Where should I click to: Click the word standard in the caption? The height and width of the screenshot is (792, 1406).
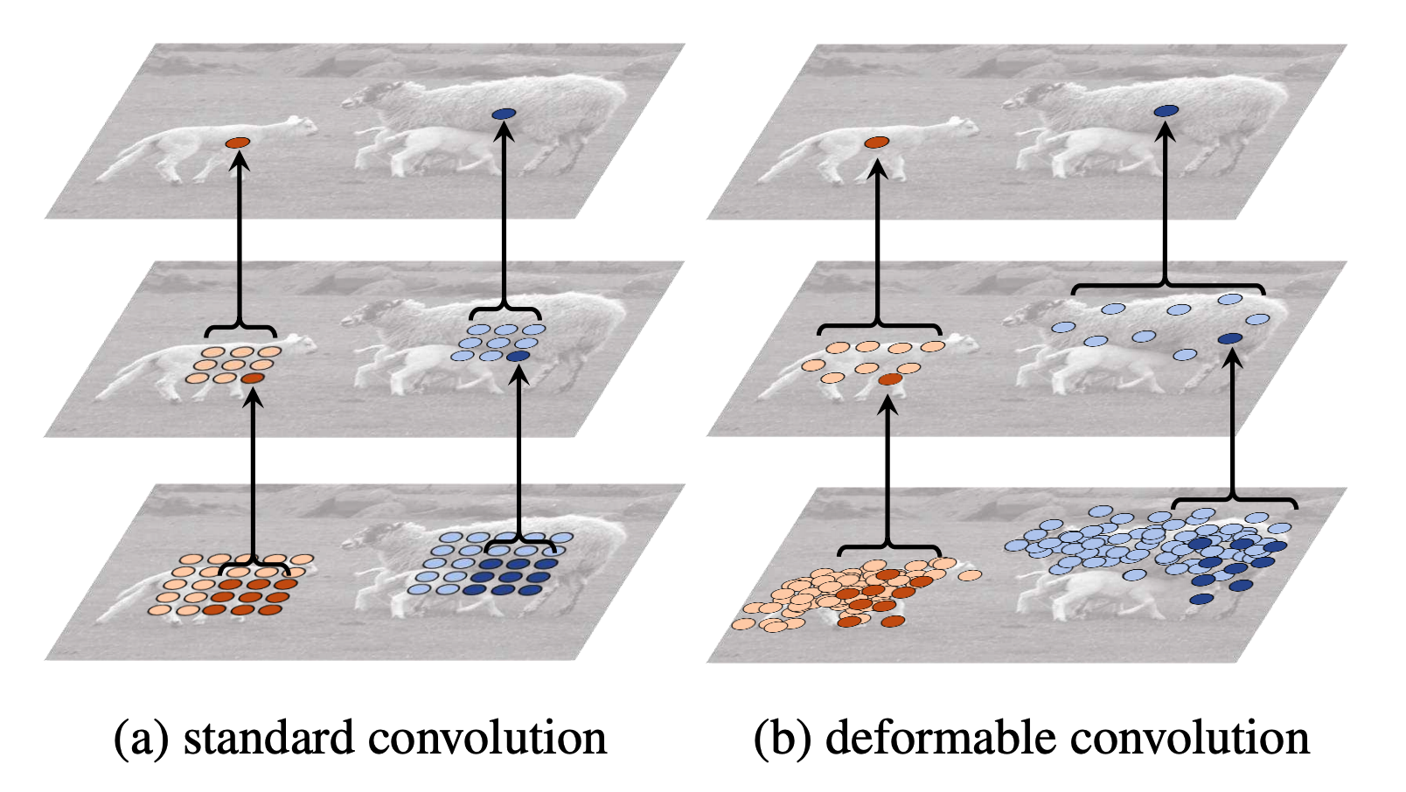point(269,738)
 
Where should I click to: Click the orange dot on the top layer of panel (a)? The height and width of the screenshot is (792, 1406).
point(238,142)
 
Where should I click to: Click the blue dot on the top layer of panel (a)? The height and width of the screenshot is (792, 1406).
point(504,114)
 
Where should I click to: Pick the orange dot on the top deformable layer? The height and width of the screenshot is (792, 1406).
point(877,142)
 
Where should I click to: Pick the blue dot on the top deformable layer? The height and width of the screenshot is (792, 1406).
point(1166,110)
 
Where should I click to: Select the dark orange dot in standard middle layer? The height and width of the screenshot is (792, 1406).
point(254,378)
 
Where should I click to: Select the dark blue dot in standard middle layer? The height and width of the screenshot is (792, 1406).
point(518,357)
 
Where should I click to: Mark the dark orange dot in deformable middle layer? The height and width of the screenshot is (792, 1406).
point(890,379)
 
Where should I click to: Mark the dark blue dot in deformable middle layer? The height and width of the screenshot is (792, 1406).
point(1229,338)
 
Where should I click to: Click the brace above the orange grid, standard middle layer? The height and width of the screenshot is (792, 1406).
point(240,327)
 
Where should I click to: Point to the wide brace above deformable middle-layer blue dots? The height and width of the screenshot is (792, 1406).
point(1167,286)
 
